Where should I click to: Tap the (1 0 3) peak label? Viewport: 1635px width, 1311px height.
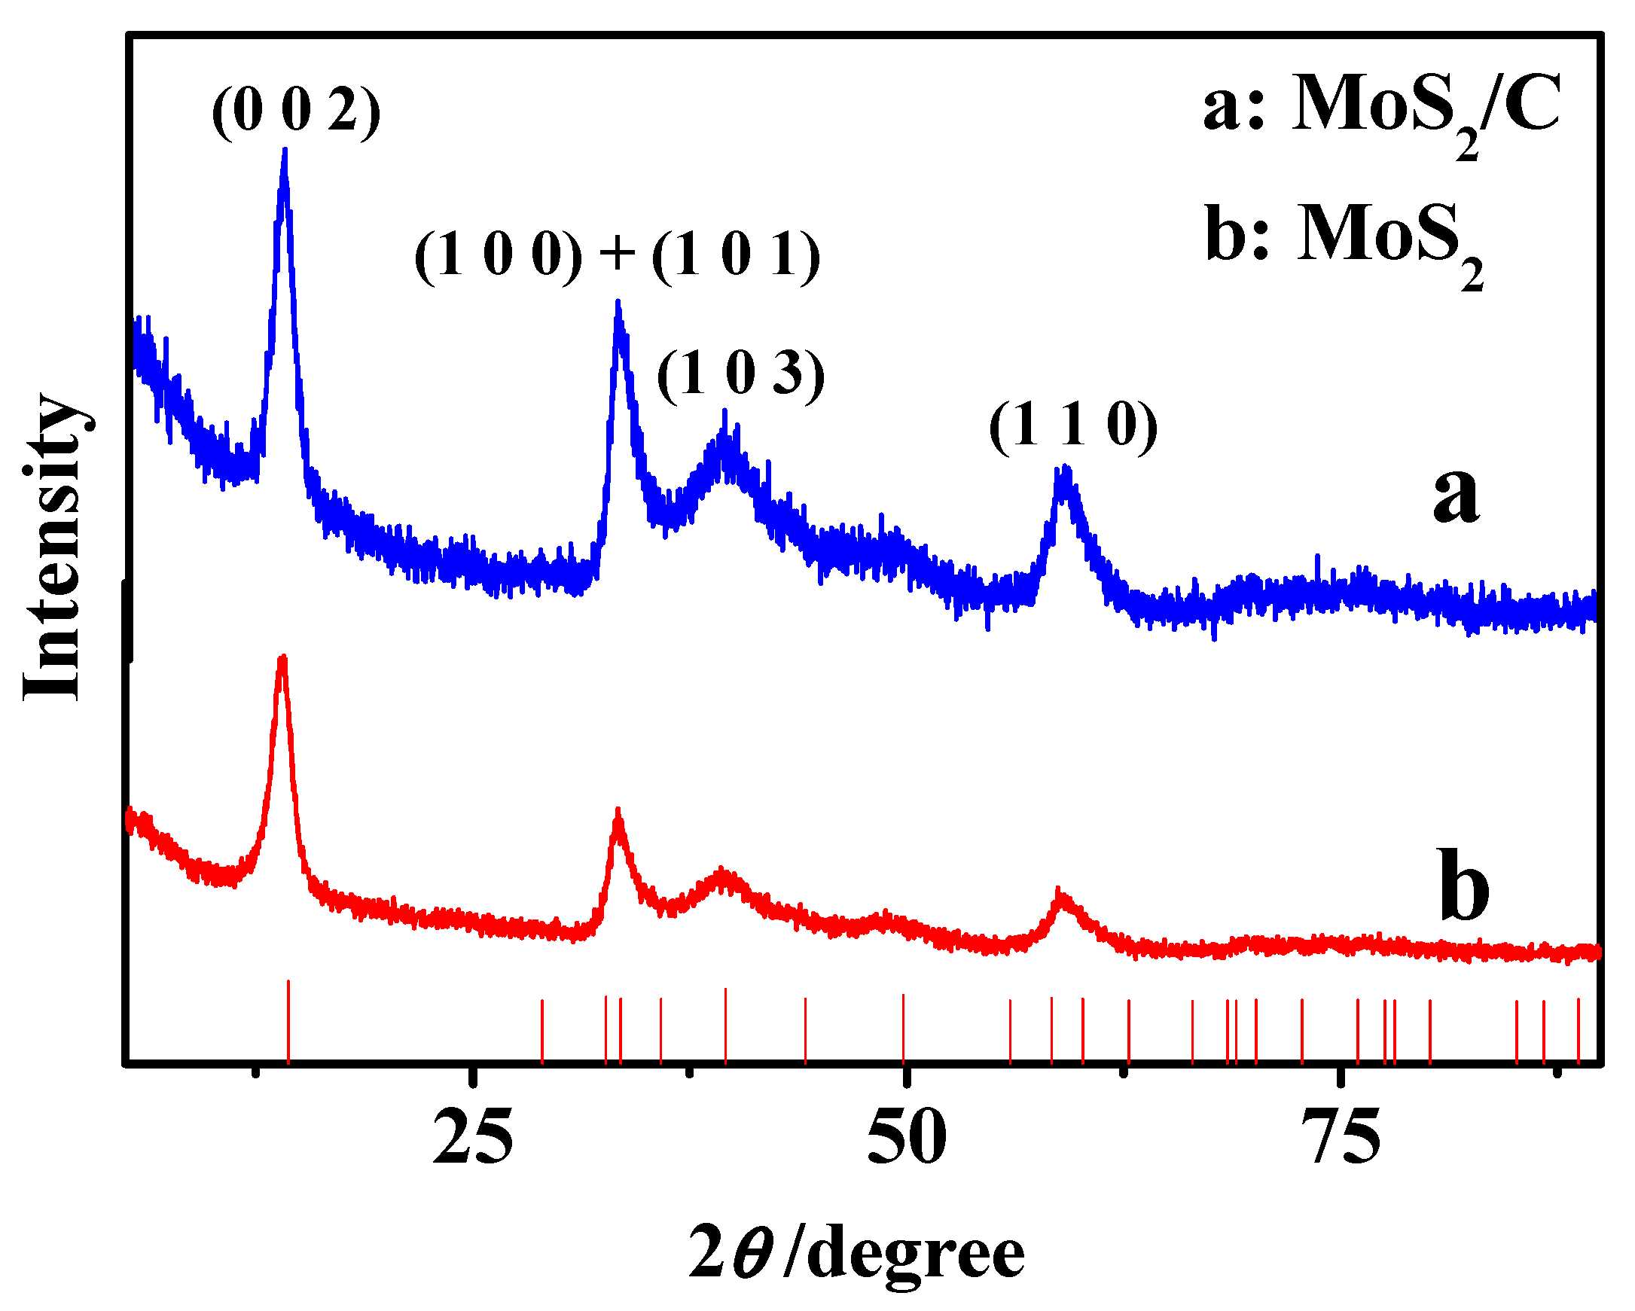[x=740, y=373]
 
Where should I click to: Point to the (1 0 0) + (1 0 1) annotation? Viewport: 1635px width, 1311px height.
[x=618, y=255]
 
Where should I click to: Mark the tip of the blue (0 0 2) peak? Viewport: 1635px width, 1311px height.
[x=285, y=151]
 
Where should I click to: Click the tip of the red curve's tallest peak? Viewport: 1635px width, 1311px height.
[x=283, y=658]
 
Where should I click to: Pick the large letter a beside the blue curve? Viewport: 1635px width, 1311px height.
[x=1455, y=494]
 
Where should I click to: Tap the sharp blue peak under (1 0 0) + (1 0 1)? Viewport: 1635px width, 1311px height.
[x=618, y=303]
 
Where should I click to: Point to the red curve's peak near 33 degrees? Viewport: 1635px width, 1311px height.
[x=618, y=811]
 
